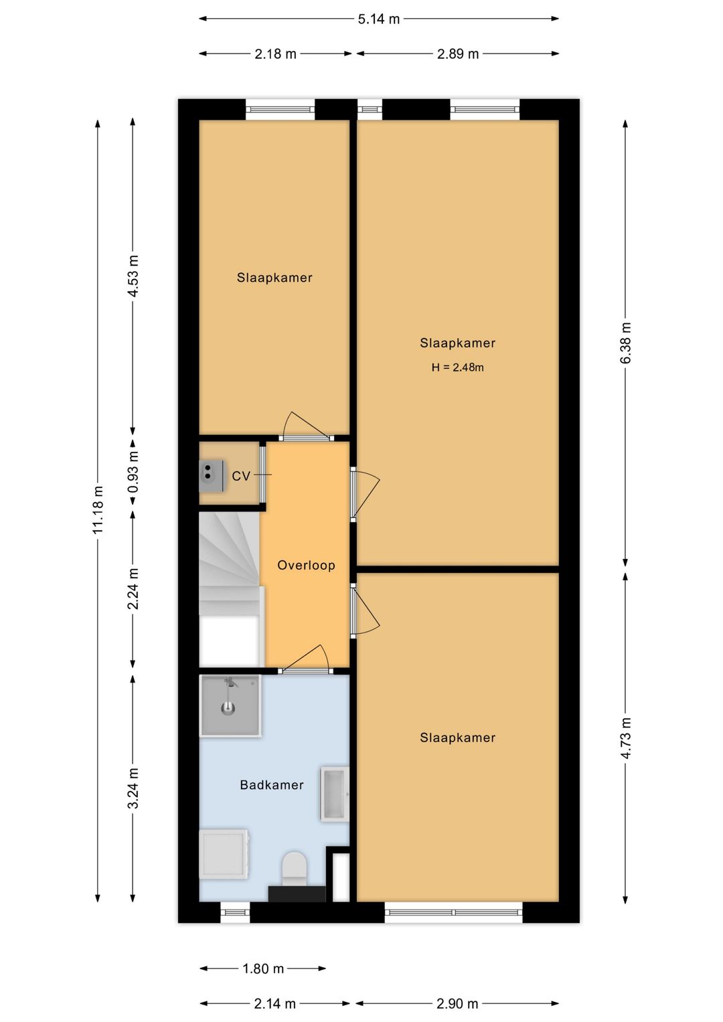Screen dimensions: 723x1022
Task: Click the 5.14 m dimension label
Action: coord(378,19)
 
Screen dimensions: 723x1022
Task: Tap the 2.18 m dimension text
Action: coord(275,54)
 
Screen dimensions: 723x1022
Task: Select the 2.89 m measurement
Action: coord(458,54)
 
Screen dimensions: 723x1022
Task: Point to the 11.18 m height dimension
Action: coord(98,509)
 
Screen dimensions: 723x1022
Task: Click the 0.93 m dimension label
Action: coord(133,472)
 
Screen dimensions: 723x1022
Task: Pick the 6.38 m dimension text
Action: coord(625,343)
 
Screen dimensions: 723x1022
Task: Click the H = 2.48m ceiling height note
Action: coord(457,367)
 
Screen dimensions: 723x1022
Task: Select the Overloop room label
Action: coord(307,566)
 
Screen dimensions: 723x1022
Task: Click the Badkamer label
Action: coord(272,785)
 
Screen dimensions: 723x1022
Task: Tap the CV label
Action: coord(240,477)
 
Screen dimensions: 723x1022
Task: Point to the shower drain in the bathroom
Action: coord(228,709)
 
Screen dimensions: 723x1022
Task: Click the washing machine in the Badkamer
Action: coord(224,854)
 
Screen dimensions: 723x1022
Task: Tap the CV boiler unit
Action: coord(212,476)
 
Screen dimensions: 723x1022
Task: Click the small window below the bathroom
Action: coord(236,913)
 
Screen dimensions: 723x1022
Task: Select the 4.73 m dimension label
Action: coord(625,738)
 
